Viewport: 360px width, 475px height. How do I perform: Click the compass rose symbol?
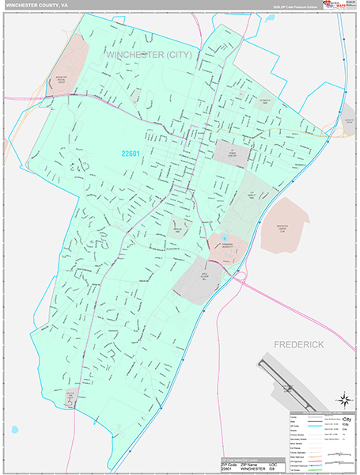[x=344, y=400]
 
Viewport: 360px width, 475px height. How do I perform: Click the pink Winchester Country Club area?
[x=285, y=223]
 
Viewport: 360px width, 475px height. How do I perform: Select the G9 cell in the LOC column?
[x=274, y=468]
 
